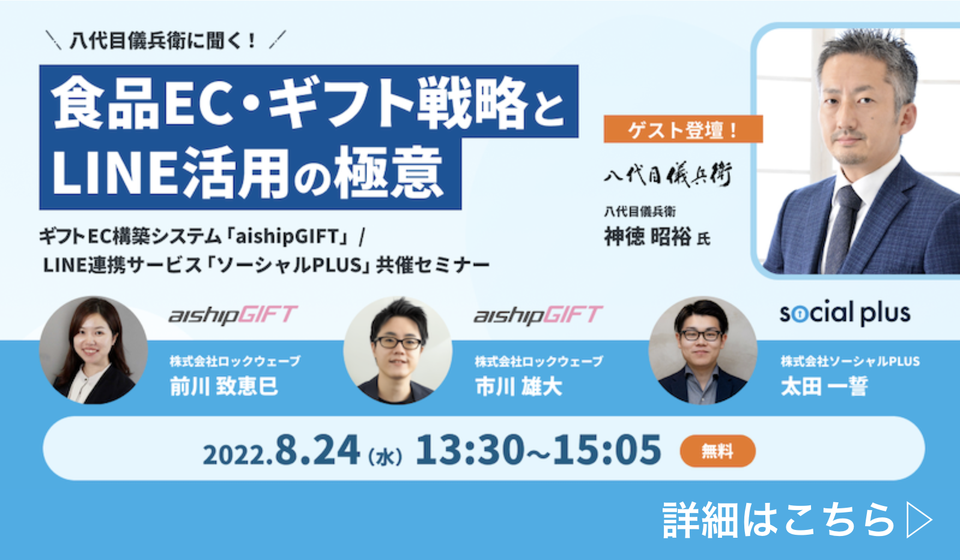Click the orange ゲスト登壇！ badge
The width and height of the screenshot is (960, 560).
click(683, 129)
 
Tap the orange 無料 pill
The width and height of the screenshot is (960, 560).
click(717, 451)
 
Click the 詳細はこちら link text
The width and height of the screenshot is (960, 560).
click(779, 520)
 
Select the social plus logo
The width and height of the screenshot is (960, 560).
click(845, 313)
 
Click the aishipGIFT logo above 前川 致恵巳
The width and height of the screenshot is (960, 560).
click(233, 315)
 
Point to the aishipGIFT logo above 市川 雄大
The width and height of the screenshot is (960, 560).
click(538, 315)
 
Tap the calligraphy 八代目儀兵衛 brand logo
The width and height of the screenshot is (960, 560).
click(668, 174)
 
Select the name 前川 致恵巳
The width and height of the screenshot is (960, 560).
click(223, 386)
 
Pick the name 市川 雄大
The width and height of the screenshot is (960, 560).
click(518, 386)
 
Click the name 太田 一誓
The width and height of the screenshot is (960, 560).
click(824, 386)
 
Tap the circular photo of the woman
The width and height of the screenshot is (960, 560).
click(94, 350)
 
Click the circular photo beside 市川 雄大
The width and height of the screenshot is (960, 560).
click(398, 350)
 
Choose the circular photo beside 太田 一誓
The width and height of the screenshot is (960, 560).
click(703, 350)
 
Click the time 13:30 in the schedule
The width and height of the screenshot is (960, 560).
click(470, 449)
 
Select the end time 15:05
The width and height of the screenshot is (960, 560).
click(607, 449)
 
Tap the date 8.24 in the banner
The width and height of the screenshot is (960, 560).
click(317, 449)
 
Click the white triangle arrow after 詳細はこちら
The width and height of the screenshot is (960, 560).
click(919, 520)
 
